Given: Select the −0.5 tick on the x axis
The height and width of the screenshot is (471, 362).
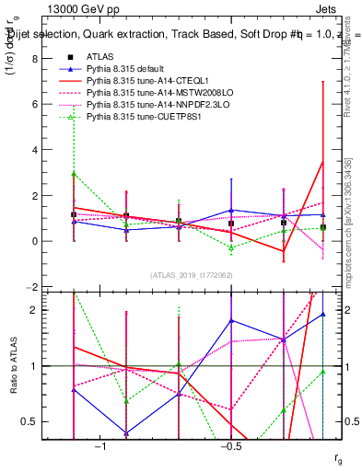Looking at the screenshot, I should coord(231,445).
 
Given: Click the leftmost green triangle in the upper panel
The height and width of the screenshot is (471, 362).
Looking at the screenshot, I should coord(74,174).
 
